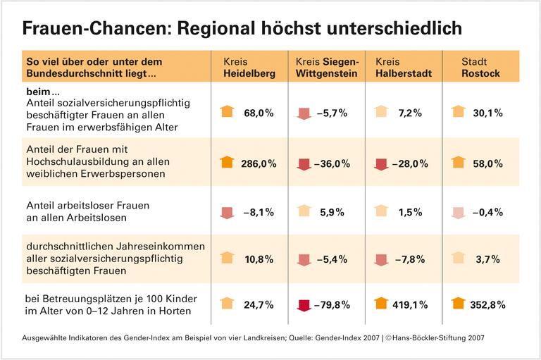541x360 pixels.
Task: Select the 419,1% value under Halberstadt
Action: click(x=409, y=305)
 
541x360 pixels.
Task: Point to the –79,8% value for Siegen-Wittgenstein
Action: click(x=332, y=305)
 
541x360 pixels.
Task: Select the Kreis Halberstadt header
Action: click(x=401, y=67)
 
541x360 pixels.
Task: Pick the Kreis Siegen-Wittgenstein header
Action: click(x=327, y=67)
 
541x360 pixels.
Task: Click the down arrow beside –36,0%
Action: click(x=303, y=163)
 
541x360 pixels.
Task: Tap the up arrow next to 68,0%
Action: click(x=227, y=112)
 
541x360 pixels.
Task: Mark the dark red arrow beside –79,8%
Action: click(x=303, y=305)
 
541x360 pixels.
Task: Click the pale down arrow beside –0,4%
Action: click(x=457, y=211)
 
